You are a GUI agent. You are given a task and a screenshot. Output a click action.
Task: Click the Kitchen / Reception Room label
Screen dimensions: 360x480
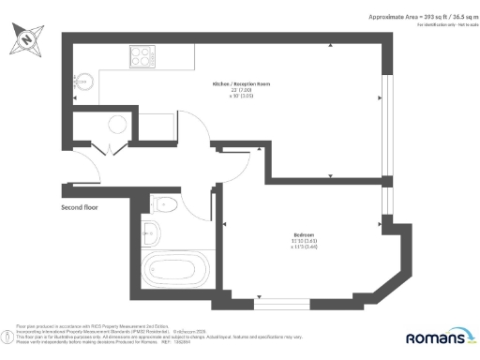tap(236, 83)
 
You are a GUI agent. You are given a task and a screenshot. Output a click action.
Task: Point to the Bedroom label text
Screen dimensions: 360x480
tap(305, 234)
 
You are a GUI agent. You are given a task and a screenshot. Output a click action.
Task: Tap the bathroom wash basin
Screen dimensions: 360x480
tap(153, 232)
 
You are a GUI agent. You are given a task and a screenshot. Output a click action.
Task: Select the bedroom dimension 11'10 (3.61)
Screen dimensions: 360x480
tap(304, 242)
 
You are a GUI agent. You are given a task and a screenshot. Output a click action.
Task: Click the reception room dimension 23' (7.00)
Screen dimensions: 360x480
tap(235, 90)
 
